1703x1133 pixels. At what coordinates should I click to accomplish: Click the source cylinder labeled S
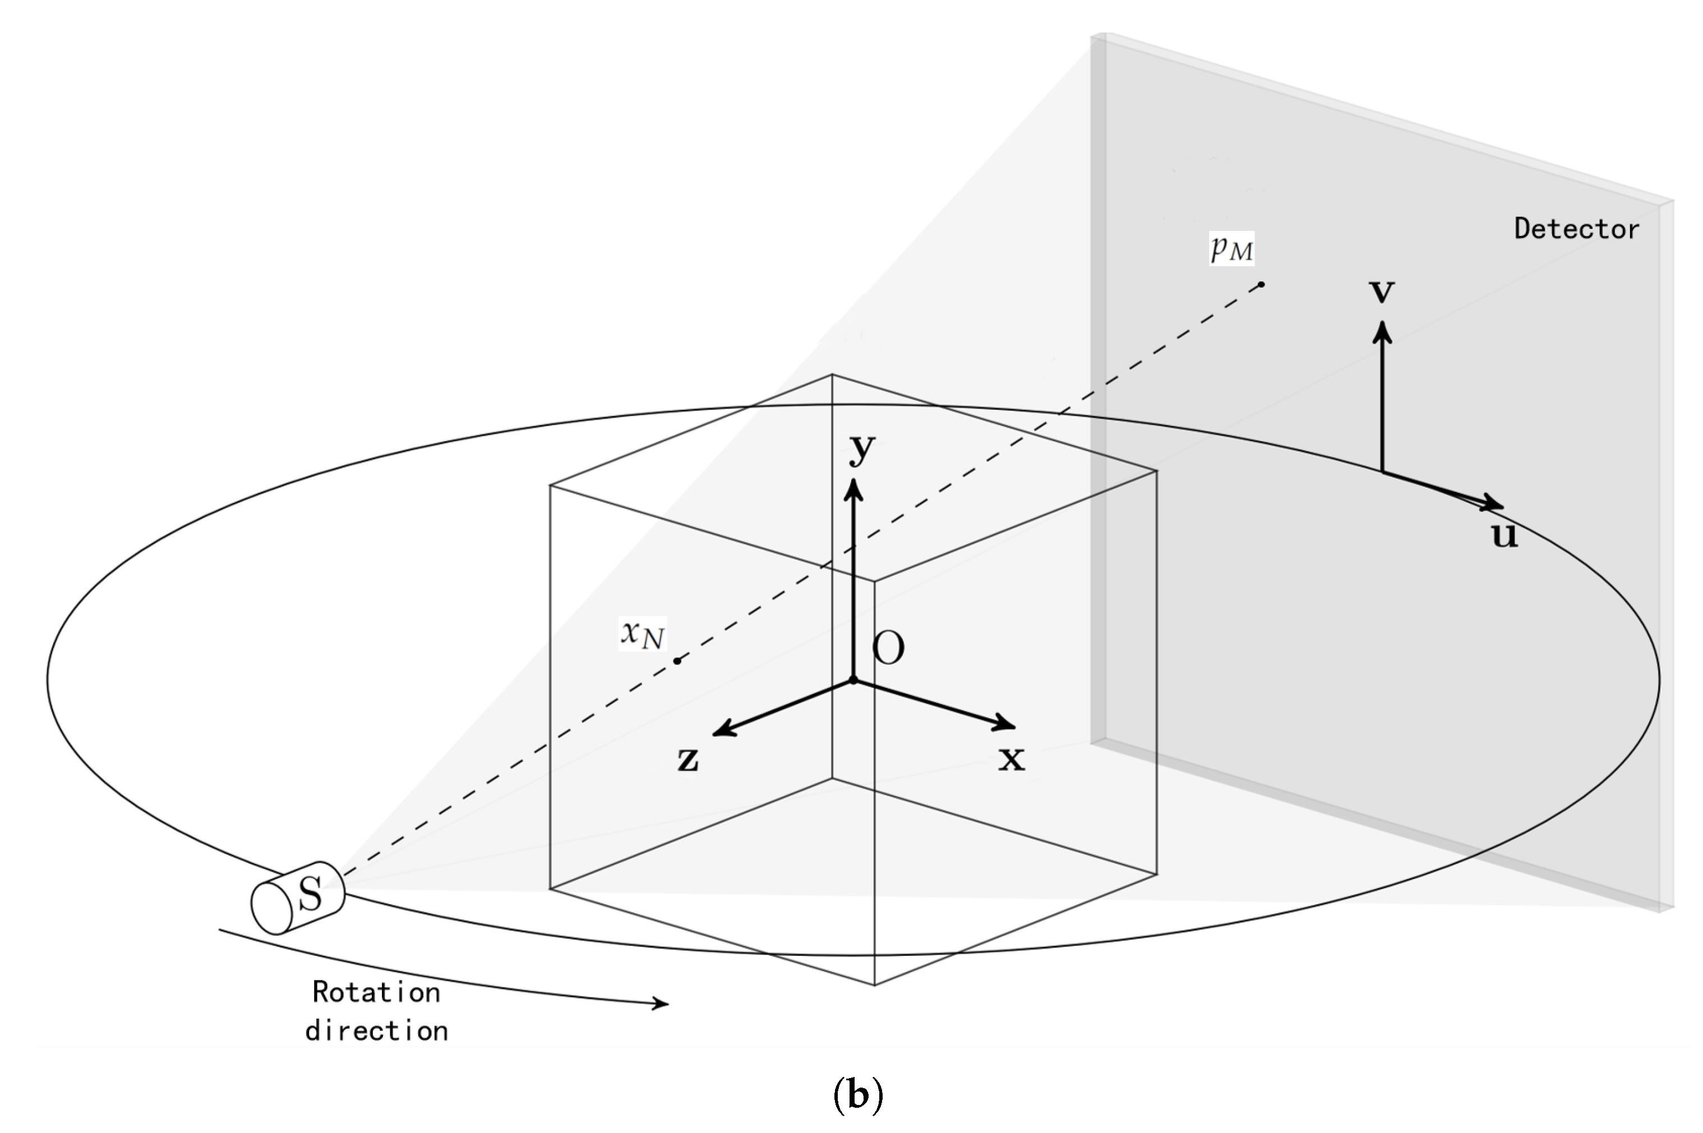(298, 898)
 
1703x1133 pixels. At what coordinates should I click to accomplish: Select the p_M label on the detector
(1231, 248)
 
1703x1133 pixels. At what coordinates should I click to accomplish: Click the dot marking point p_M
(1261, 285)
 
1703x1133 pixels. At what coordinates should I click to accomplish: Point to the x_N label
(641, 633)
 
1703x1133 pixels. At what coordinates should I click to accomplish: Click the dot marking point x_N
(677, 660)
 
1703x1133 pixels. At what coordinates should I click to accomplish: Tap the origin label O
(888, 648)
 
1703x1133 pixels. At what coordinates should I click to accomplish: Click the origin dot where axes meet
(853, 680)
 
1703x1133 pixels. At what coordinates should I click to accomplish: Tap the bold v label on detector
(1382, 290)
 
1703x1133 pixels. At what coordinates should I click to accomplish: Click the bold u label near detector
(1504, 535)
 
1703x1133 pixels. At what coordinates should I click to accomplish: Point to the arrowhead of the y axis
(854, 489)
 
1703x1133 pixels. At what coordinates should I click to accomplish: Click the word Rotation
(376, 992)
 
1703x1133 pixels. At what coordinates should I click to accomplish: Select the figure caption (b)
(857, 1095)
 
